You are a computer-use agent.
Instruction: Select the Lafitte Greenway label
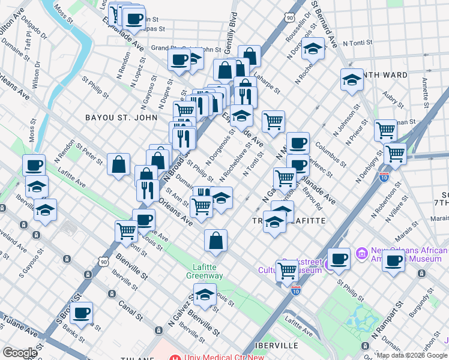point(208,271)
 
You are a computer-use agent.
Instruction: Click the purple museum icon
point(362,254)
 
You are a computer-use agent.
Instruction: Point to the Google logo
point(20,353)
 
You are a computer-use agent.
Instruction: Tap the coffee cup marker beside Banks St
point(81,313)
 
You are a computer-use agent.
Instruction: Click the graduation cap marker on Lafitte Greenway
point(205,295)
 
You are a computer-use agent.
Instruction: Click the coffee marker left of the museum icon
point(339,259)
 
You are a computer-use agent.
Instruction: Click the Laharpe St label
point(267,85)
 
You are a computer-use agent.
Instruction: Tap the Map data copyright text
point(411,355)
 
